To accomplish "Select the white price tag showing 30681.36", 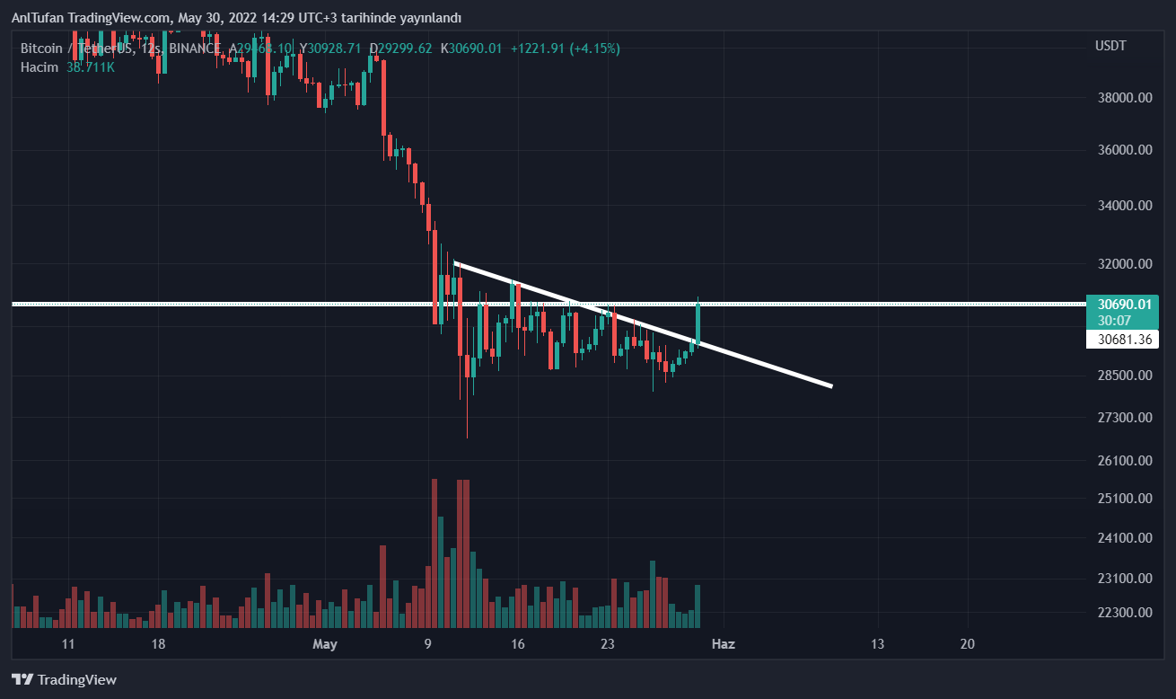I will (1121, 340).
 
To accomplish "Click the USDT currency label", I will (1110, 46).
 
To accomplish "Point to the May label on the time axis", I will (325, 644).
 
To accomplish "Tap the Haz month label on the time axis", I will (724, 644).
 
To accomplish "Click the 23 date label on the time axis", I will (608, 644).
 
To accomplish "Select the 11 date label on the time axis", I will (68, 644).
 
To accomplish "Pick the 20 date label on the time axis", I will (967, 644).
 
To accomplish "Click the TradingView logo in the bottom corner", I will (64, 680).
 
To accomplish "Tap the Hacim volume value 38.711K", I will (91, 67).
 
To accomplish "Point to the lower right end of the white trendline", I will (831, 386).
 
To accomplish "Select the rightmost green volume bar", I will (698, 606).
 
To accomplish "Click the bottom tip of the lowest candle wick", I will (468, 438).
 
